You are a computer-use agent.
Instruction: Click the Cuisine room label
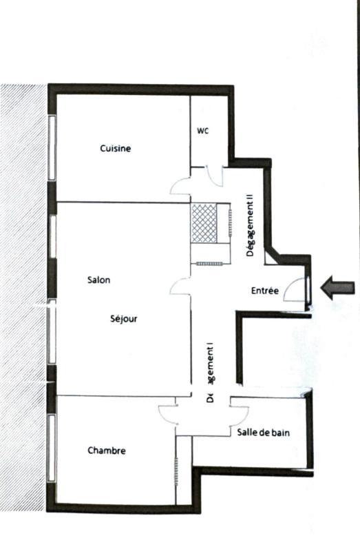(115, 148)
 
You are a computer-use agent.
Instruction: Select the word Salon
(99, 280)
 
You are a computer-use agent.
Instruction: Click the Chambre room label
(107, 450)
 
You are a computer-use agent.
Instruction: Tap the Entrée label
(265, 291)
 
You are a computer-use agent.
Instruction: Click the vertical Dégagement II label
(250, 225)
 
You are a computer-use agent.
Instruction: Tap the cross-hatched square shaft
(204, 223)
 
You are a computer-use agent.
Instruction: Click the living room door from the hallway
(180, 286)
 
